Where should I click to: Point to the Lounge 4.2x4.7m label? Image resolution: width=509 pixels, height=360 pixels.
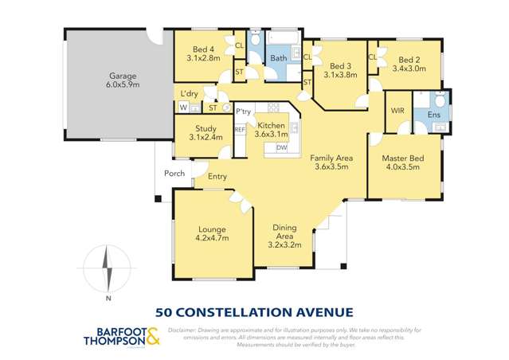pos(212,232)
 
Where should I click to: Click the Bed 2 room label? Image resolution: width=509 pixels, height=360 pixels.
pos(409,64)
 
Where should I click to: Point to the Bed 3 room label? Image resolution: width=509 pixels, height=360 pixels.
pos(340,70)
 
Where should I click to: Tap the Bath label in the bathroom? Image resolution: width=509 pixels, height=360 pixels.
pos(278,58)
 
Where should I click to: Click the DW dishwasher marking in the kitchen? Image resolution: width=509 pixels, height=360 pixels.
pos(281,147)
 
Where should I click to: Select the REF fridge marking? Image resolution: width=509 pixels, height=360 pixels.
pos(239,129)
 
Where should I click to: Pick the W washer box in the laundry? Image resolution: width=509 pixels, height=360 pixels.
pos(183,108)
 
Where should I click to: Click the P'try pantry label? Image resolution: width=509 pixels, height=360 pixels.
pos(243,112)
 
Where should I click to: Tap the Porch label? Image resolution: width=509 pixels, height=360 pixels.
pos(174,174)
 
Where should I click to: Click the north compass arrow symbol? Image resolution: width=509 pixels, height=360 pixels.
pos(109,269)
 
